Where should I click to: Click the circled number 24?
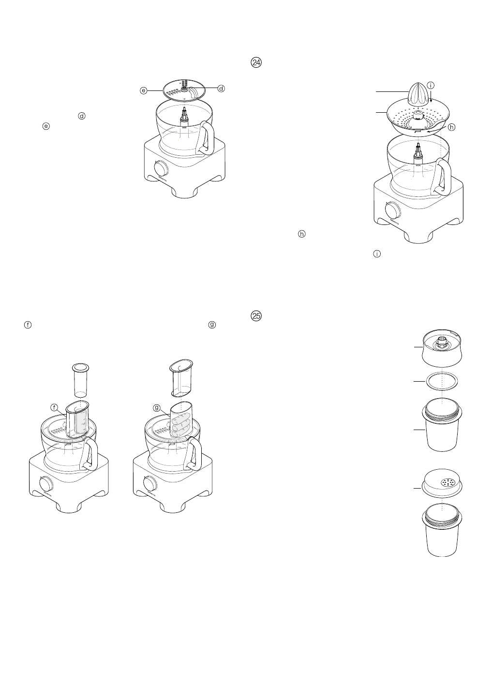[x=256, y=62]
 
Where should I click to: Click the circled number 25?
[x=256, y=316]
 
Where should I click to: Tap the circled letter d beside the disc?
[x=221, y=89]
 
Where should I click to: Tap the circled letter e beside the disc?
[x=144, y=90]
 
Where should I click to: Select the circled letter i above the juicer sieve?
[x=431, y=85]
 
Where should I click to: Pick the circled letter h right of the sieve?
[x=452, y=127]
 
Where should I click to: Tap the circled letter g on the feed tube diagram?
[x=156, y=408]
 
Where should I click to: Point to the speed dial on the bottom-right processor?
[x=146, y=483]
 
